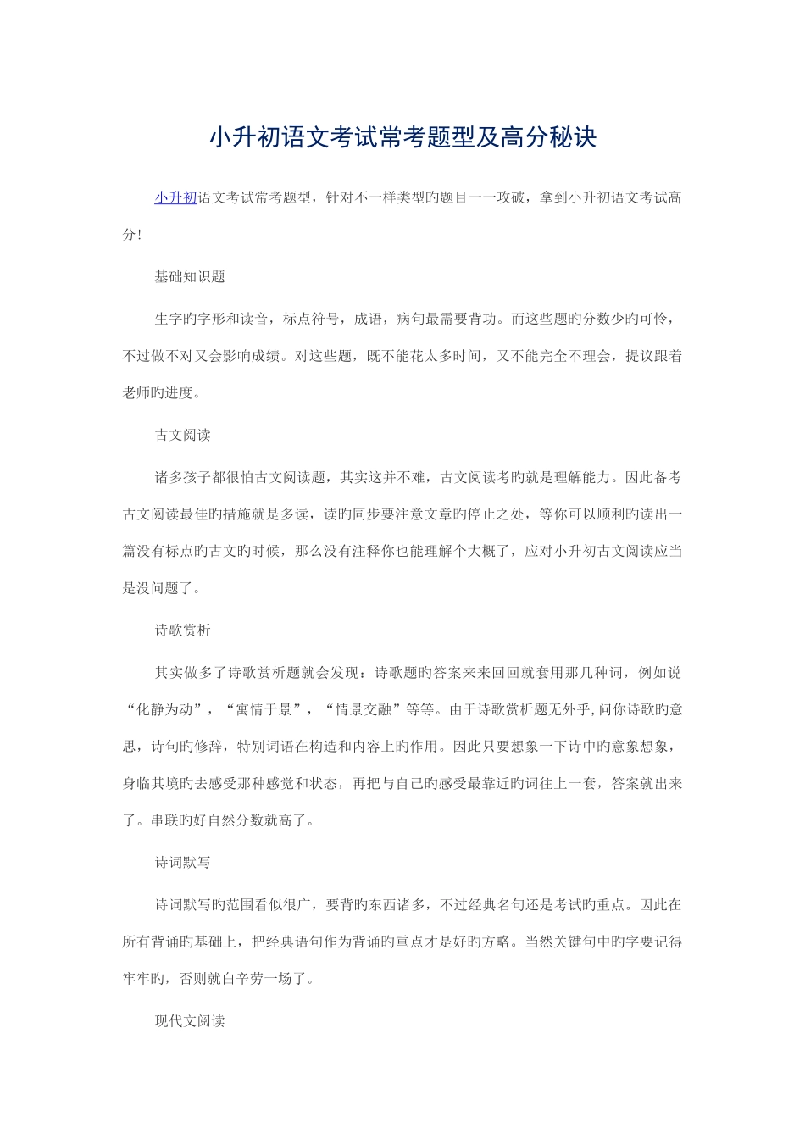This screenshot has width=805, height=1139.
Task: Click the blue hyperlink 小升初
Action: point(175,198)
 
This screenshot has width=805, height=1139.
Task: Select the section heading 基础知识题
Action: point(190,277)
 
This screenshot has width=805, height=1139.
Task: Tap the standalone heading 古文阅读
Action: point(182,436)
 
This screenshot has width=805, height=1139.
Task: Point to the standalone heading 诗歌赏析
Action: point(182,631)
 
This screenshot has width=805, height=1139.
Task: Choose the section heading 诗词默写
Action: point(182,863)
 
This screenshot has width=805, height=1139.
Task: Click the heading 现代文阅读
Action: point(190,1021)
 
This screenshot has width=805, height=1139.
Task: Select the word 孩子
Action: point(197,478)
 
